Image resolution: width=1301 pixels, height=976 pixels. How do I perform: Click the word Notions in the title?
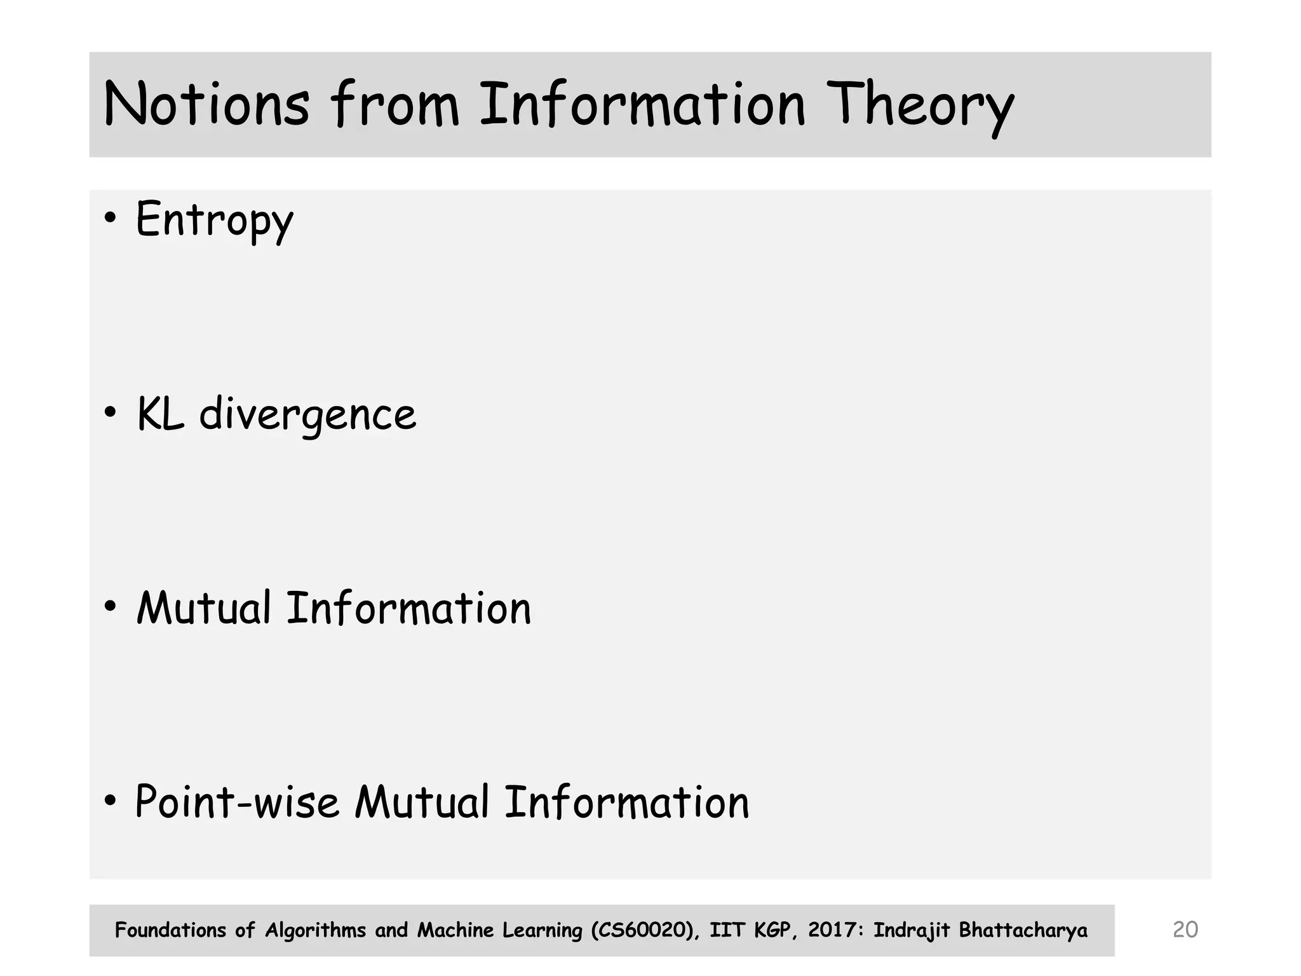tap(206, 104)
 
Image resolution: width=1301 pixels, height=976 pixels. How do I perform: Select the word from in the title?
tap(394, 104)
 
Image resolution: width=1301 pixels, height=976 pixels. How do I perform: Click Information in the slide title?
tap(642, 104)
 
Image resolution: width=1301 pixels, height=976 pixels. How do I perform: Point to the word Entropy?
tap(215, 220)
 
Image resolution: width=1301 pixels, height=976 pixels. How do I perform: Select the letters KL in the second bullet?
tap(160, 414)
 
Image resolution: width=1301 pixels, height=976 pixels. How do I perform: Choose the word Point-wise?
tap(237, 802)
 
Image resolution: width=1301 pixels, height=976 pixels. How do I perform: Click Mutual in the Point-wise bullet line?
tap(422, 802)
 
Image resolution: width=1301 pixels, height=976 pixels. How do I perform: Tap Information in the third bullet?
tap(408, 608)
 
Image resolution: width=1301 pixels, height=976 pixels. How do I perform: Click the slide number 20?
tap(1185, 930)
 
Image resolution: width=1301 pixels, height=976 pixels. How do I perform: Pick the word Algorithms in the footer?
tap(315, 930)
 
